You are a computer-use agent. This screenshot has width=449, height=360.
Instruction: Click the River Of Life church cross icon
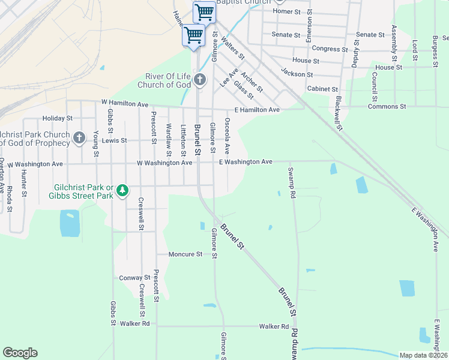coord(200,79)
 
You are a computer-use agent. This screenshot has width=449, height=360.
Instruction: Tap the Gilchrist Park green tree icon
coord(122,190)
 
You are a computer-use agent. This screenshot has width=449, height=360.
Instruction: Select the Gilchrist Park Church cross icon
coord(79,139)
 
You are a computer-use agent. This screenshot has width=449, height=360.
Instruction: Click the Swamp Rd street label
coord(292,179)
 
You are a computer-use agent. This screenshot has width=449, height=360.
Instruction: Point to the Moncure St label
coord(185,254)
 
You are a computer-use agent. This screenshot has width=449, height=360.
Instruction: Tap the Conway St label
coord(134,278)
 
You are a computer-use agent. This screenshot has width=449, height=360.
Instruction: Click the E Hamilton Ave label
coord(257,110)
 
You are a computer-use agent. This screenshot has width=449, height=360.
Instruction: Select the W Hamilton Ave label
coord(125,104)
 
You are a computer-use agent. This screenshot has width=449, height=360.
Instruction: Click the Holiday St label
coord(57,119)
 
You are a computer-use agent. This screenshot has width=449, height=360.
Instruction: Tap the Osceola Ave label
coord(228,135)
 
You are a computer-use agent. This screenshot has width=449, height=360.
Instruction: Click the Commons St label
coord(387,106)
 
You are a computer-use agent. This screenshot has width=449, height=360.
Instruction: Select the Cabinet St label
coord(323,89)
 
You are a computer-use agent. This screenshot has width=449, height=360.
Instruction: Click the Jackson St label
coord(297,74)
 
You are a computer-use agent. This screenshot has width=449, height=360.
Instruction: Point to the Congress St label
coord(330,49)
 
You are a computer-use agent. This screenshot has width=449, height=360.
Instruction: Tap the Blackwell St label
coord(339,113)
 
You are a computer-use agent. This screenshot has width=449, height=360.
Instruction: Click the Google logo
coord(20,353)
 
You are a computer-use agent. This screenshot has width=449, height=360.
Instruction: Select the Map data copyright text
coord(423,355)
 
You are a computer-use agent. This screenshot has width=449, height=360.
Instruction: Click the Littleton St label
coord(183,138)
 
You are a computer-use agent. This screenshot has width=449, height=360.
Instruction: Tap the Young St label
coord(96,145)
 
